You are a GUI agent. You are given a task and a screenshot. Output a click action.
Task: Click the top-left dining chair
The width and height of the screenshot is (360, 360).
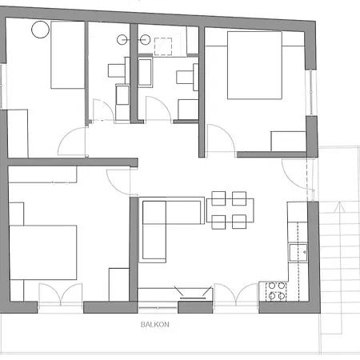point(218,196)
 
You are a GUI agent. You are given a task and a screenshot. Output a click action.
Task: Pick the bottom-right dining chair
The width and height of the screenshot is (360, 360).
point(238,222)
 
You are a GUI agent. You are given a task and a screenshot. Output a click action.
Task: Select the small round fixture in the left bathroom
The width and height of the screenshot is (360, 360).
point(122,38)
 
